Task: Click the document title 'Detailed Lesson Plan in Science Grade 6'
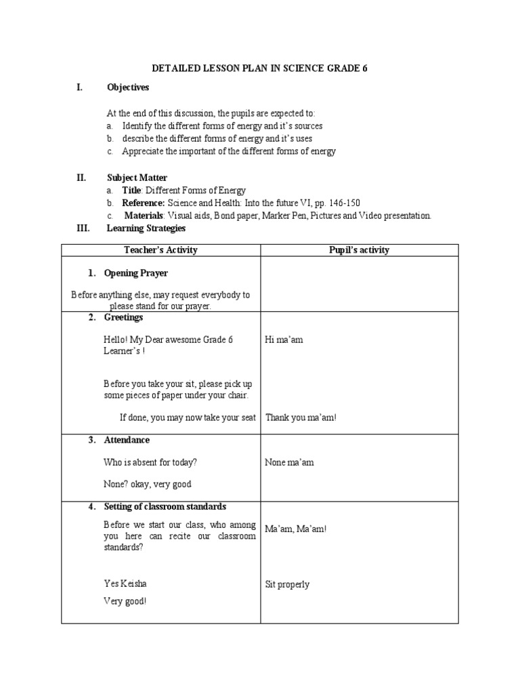coord(259,69)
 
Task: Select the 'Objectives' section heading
coord(128,87)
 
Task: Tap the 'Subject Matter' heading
coord(137,178)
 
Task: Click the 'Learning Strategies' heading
coord(146,228)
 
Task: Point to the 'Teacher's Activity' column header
coord(161,250)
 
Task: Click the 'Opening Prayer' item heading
coord(136,273)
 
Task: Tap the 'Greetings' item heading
coord(123,317)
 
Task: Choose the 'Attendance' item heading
coord(127,440)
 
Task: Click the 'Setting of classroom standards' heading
coord(165,506)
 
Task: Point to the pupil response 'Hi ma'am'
coord(284,340)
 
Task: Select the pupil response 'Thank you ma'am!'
coord(301,417)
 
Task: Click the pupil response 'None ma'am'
coord(289,462)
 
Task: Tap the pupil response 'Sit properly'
coord(287,584)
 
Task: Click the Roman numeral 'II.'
coord(81,178)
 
